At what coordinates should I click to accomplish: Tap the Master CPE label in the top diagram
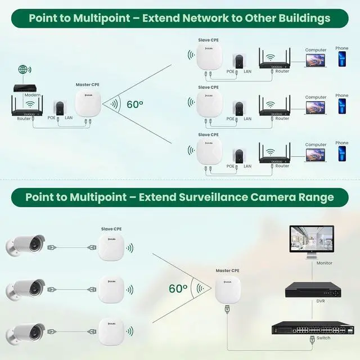point(87,85)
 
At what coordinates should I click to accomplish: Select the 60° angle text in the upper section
point(135,104)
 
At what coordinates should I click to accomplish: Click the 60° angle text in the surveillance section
point(178,288)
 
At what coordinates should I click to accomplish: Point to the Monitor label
point(324,263)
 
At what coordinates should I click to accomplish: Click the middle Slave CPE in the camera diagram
point(110,289)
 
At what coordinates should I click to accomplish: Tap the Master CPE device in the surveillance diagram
point(227,289)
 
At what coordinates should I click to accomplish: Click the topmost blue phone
point(341,61)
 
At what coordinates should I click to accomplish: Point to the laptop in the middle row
point(316,109)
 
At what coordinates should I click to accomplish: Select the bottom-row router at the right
point(274,154)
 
